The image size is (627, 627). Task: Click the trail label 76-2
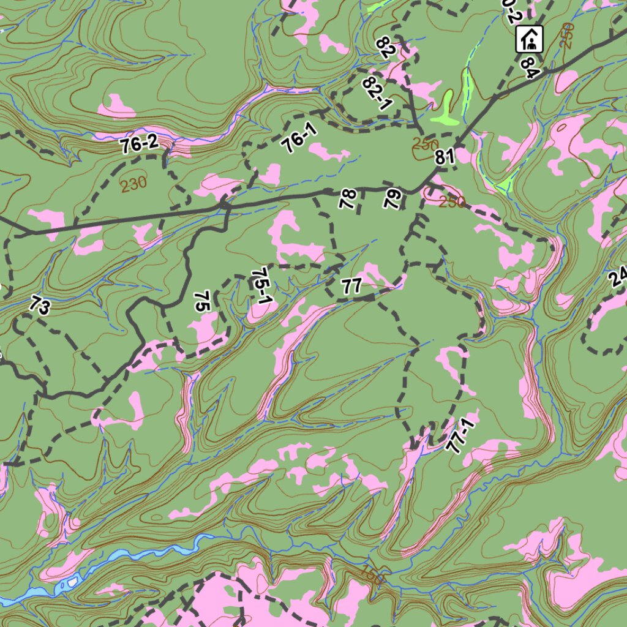point(139,145)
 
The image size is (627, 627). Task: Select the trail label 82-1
point(377,93)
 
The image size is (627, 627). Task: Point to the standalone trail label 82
point(386,47)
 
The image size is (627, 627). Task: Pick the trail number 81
point(445,157)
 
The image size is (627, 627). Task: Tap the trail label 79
point(392,199)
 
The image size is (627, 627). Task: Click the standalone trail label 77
point(352,285)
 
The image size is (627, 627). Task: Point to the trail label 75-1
point(261,287)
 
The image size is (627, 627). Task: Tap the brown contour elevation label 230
point(133,183)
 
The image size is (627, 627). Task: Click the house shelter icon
point(530,39)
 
